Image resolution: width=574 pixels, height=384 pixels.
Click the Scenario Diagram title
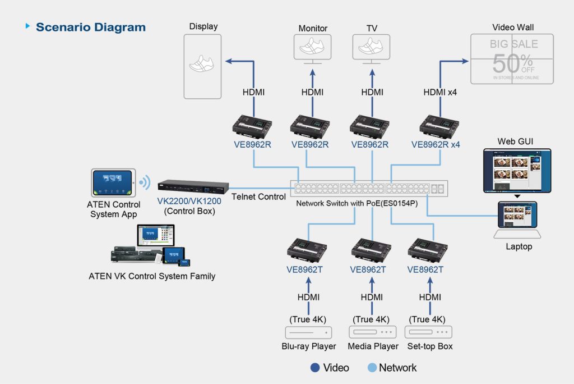click(90, 27)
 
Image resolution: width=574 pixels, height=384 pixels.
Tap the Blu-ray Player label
click(308, 346)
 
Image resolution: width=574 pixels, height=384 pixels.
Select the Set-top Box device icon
click(428, 332)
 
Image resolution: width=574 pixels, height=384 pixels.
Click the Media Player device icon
click(372, 332)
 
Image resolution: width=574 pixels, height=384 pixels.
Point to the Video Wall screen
click(512, 59)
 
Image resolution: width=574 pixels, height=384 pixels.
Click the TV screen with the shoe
click(372, 47)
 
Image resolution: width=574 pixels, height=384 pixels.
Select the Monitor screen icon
click(313, 47)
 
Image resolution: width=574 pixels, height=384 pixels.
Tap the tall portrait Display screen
click(202, 66)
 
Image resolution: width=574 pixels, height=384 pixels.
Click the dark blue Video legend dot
click(315, 368)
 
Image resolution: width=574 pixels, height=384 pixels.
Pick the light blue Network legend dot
click(372, 368)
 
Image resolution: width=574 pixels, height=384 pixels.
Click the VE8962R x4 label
click(435, 144)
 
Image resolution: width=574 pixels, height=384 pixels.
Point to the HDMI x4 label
click(440, 92)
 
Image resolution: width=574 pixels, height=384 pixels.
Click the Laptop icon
click(517, 220)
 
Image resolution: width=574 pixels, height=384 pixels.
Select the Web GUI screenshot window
click(517, 171)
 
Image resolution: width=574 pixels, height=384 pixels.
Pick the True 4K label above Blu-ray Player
click(308, 319)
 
